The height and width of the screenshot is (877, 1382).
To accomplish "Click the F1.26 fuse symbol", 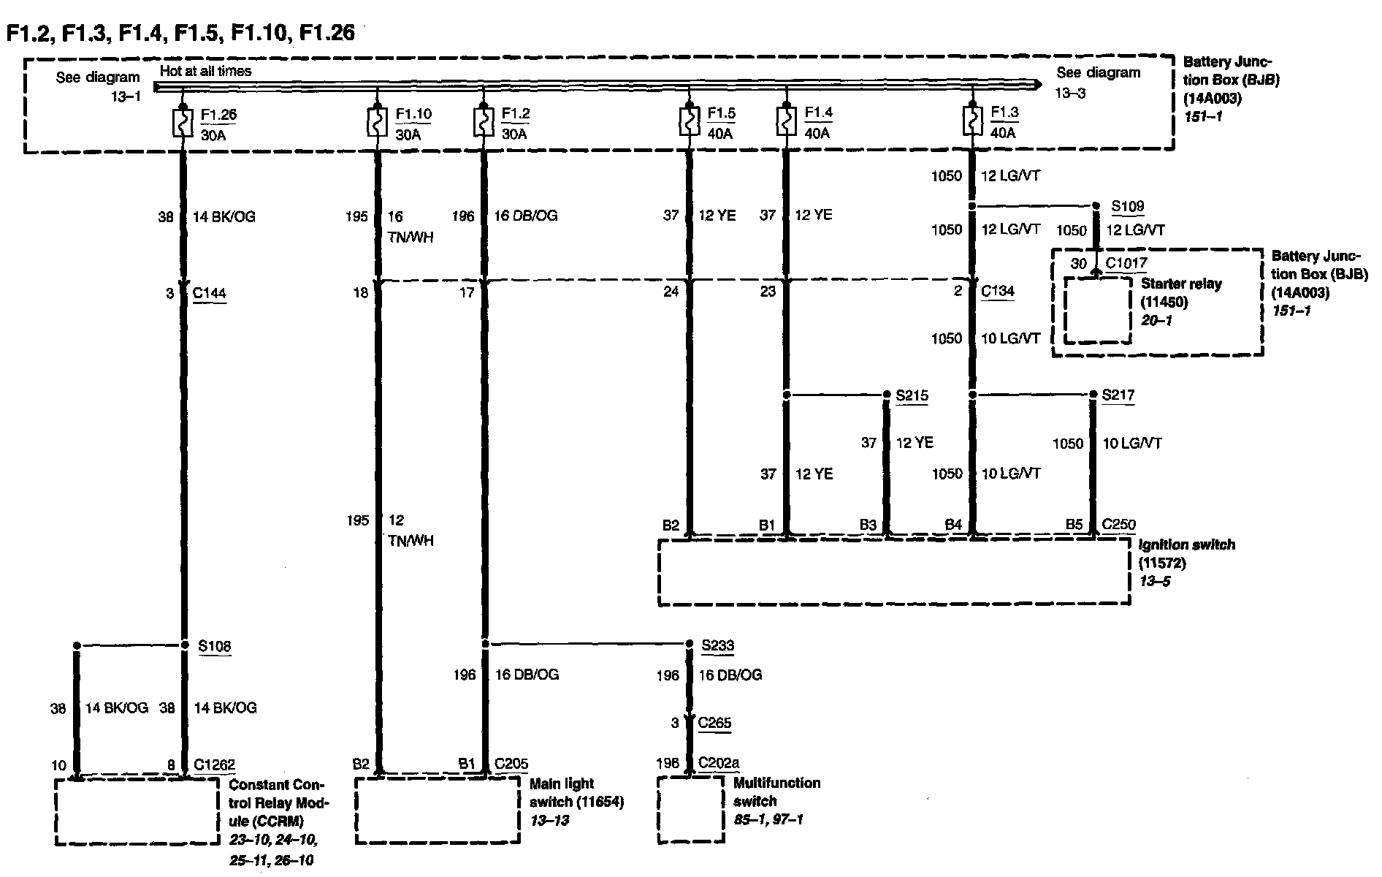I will (180, 123).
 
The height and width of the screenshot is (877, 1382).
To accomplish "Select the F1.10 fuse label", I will (413, 115).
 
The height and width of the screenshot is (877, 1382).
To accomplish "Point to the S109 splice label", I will (1127, 206).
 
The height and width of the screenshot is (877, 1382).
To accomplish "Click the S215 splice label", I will (912, 395).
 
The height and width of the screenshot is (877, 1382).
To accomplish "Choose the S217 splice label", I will (1118, 395).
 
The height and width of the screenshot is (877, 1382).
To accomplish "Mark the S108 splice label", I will (214, 645).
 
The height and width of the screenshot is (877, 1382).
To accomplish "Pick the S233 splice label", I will (717, 645).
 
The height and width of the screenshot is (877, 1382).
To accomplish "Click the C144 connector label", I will (209, 293).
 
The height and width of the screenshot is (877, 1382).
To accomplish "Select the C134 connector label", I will (997, 291).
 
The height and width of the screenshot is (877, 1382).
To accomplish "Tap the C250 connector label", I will (1118, 524).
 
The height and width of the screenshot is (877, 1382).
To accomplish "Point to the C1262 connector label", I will (214, 765).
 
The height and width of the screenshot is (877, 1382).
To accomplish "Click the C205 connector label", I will (511, 764).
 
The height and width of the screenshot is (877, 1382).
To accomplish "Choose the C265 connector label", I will (714, 723).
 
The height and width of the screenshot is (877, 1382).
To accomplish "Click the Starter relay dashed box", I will (1097, 309).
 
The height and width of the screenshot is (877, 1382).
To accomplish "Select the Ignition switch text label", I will (1186, 544).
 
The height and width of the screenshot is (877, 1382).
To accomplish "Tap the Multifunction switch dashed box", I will (690, 809).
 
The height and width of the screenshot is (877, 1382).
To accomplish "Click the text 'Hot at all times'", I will (205, 71).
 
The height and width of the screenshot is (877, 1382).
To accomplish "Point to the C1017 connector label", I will (1126, 263).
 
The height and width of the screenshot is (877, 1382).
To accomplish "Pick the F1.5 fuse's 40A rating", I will (719, 133).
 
